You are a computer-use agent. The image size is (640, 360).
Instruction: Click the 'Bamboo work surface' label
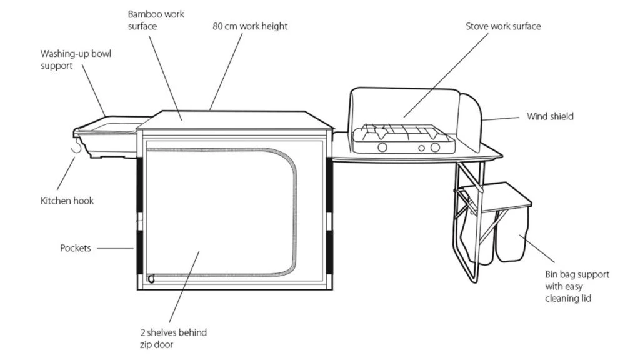(156, 20)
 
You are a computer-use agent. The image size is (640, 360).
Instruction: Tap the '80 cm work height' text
(250, 26)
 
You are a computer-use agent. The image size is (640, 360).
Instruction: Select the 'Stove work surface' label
(503, 26)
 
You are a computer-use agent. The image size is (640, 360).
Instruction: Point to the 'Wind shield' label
(550, 116)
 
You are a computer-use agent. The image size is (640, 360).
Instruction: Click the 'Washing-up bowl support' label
(76, 59)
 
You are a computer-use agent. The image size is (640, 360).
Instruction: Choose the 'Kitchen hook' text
(67, 201)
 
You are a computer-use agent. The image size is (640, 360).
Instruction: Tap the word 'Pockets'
(75, 248)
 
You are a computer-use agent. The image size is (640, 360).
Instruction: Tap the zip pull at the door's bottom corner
(151, 279)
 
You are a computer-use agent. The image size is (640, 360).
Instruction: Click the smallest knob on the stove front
(421, 148)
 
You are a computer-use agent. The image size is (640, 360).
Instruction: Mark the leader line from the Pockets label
(115, 248)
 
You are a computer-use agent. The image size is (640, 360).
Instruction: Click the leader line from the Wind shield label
(500, 117)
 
